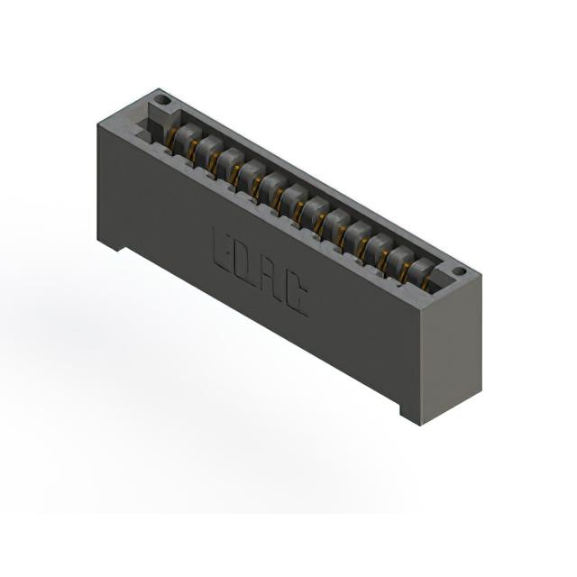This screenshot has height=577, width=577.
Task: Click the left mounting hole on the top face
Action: click(x=162, y=99)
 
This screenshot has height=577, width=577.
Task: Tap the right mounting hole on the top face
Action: click(x=459, y=271)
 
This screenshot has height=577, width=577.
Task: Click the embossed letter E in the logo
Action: click(x=222, y=250)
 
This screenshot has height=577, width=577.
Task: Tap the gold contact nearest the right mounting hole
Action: click(x=426, y=284)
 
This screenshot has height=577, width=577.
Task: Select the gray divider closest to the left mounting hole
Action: click(x=186, y=137)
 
